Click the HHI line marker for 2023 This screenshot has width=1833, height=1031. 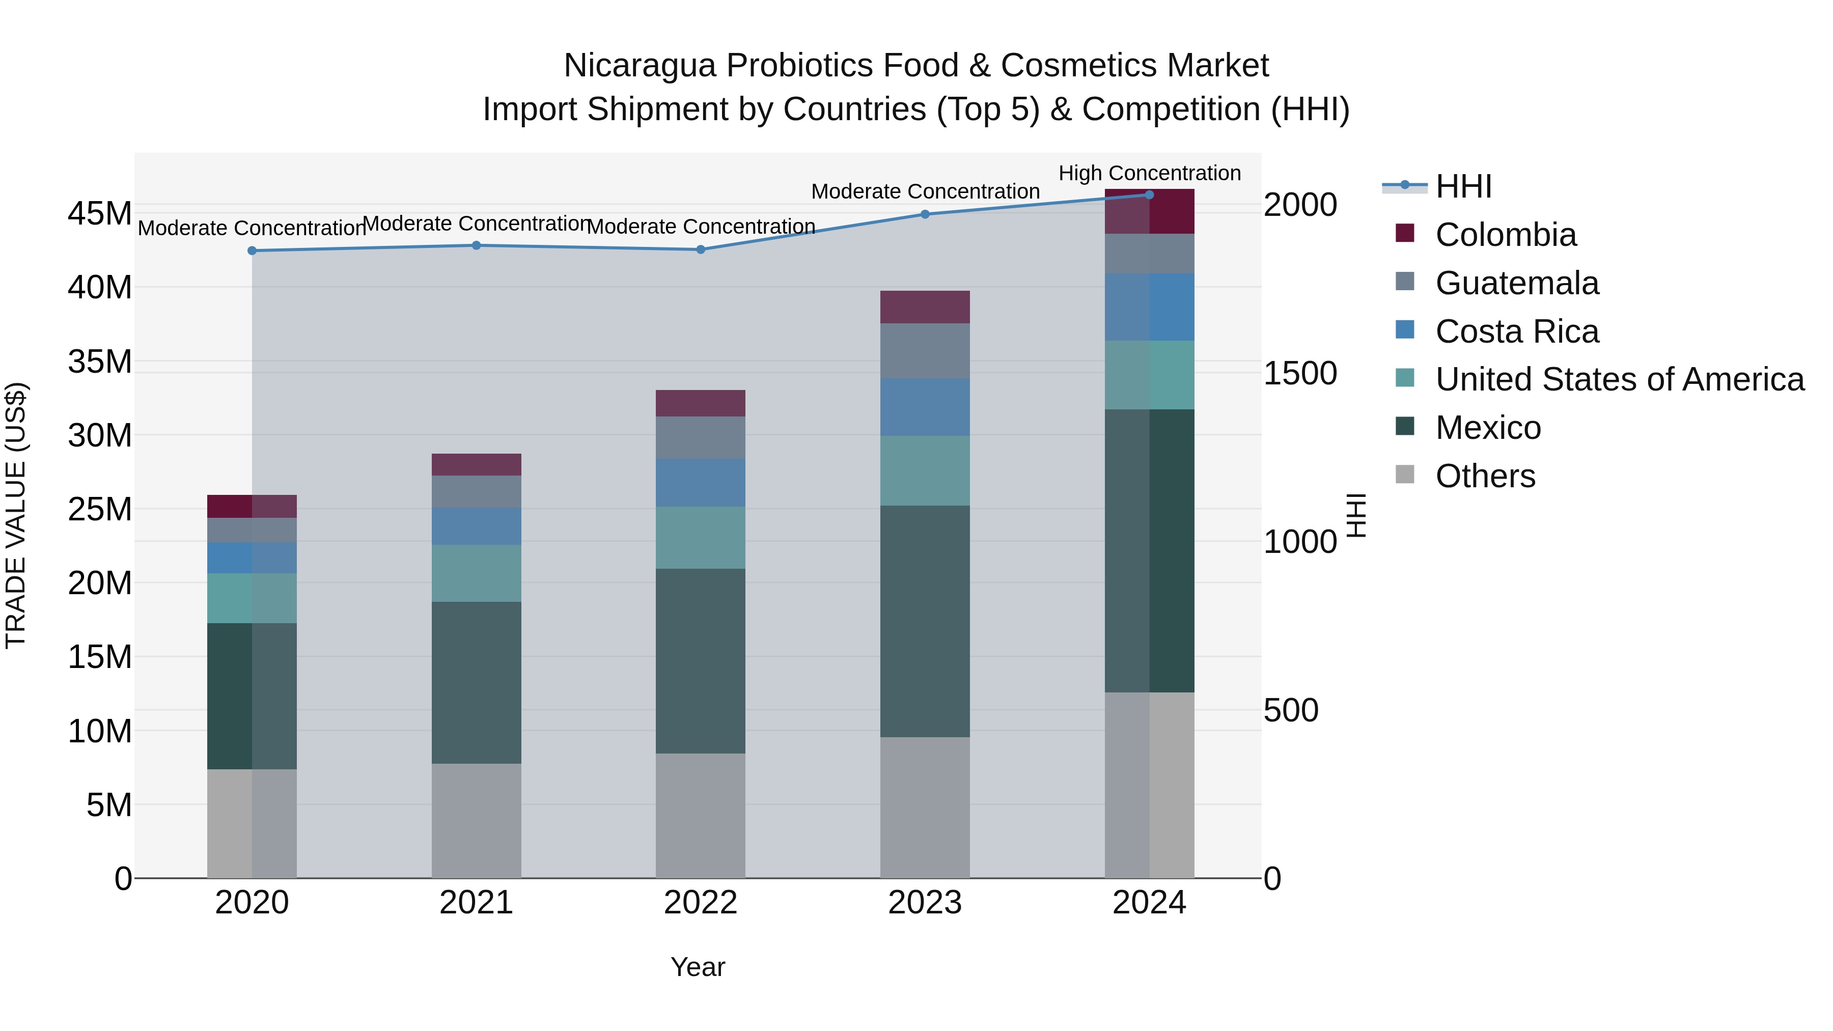(925, 214)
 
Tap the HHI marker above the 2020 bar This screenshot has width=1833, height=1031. (252, 250)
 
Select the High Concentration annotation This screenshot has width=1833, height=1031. (1149, 173)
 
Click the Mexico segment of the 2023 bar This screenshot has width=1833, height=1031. (925, 621)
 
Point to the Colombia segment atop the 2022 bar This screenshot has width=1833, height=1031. (700, 403)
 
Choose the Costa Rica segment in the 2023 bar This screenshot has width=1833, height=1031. (925, 407)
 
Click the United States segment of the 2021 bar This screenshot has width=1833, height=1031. (476, 573)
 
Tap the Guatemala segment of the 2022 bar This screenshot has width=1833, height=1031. (700, 437)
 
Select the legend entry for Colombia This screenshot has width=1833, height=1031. (1505, 235)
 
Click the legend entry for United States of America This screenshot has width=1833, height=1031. (1619, 379)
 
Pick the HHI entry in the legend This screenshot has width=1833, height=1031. (1463, 186)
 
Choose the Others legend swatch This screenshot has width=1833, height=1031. (1405, 475)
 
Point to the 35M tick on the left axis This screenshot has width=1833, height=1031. (100, 361)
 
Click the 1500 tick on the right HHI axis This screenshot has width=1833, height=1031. (1300, 374)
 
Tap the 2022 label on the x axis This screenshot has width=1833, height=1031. (700, 903)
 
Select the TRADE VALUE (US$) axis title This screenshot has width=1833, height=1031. (16, 515)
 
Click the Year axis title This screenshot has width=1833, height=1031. (698, 967)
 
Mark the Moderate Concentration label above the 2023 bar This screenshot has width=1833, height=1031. (925, 191)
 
